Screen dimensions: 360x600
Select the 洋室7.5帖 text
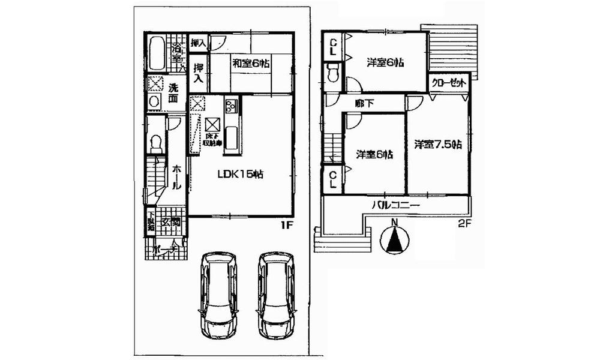click(x=437, y=144)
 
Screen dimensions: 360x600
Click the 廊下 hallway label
click(x=365, y=103)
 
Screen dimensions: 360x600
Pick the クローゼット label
click(x=449, y=83)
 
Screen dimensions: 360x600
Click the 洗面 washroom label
click(x=173, y=94)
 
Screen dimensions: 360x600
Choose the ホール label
click(x=176, y=178)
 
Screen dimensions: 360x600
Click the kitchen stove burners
click(x=231, y=107)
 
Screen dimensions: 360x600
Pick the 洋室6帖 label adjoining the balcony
click(x=374, y=154)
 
